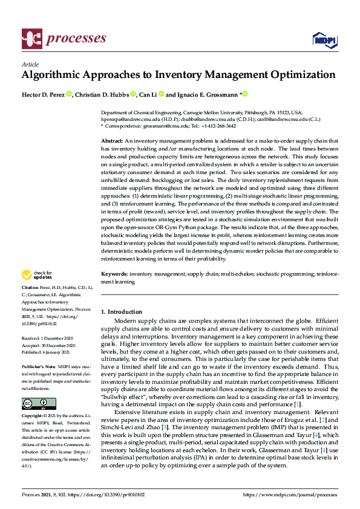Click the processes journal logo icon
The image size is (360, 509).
click(31, 39)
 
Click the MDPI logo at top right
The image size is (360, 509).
click(324, 40)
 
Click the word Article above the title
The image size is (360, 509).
click(30, 64)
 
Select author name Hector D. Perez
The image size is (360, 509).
click(42, 94)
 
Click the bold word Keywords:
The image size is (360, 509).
click(114, 274)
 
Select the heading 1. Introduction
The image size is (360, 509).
click(122, 311)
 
